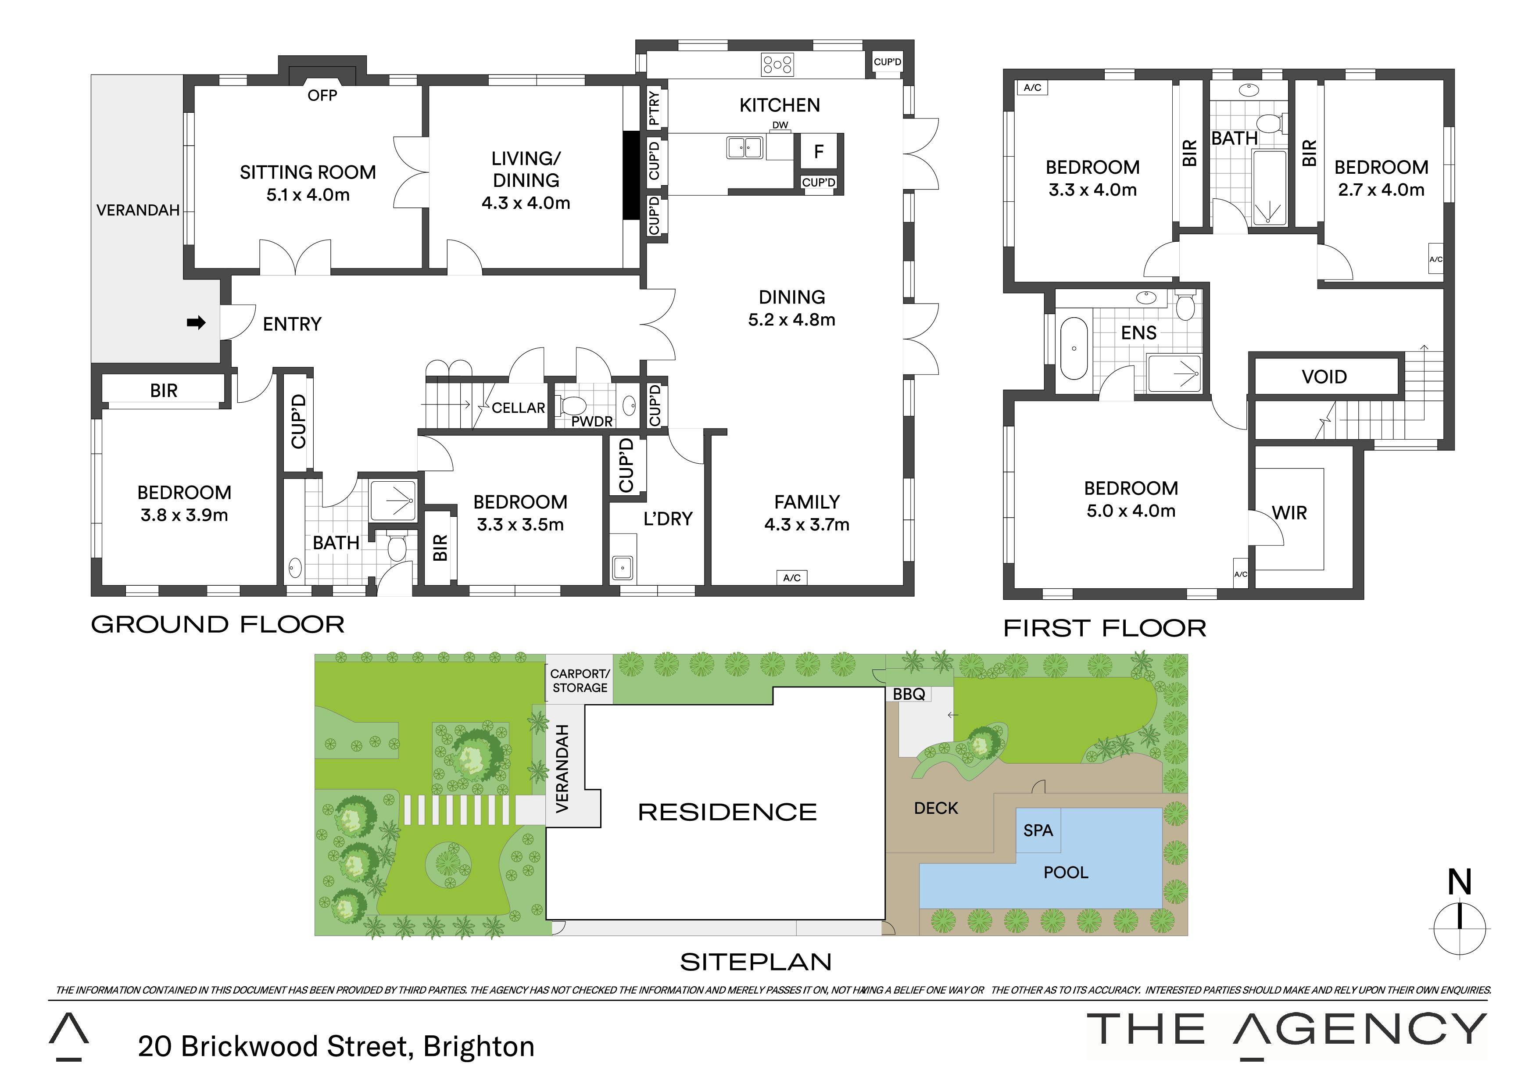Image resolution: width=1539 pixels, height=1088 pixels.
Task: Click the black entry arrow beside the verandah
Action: (x=196, y=323)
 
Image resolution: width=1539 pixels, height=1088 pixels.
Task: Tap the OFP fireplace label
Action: (x=322, y=95)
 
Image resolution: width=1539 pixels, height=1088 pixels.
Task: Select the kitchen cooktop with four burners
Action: (x=777, y=65)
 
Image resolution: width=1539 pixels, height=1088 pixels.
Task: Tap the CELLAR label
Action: (x=518, y=408)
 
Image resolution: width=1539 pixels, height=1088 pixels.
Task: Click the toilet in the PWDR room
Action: (x=571, y=405)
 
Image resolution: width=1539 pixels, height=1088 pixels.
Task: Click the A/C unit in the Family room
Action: (x=791, y=577)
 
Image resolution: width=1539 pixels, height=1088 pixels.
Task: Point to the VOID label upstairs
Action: (x=1324, y=377)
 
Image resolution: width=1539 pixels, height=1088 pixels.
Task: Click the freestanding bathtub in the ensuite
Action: (x=1074, y=349)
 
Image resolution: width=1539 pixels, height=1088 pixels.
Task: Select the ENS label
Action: (x=1139, y=333)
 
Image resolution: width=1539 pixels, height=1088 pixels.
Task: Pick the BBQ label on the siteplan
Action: (x=909, y=694)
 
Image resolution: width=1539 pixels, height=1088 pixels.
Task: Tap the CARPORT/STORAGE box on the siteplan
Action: (x=580, y=680)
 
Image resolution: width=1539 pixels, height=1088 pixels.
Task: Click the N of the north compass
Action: (x=1459, y=883)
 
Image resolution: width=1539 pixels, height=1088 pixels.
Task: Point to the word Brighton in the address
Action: (x=479, y=1046)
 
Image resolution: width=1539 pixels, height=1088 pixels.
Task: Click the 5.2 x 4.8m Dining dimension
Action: (x=791, y=320)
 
